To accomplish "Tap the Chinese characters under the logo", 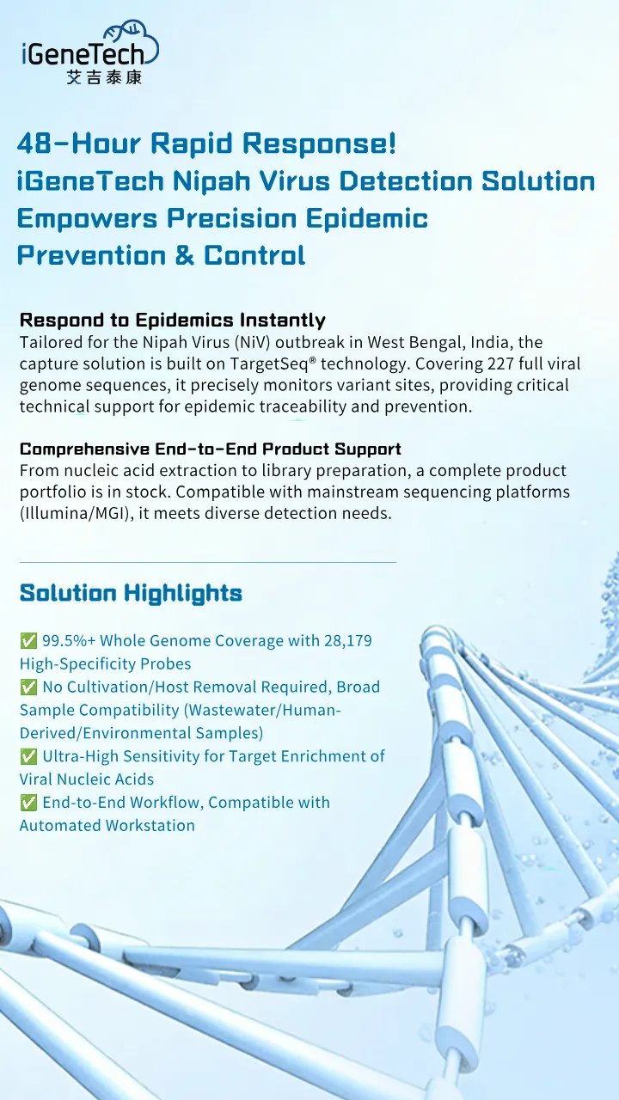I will pos(104,77).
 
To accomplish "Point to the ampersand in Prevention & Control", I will pos(184,255).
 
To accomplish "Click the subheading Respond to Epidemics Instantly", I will pos(172,321).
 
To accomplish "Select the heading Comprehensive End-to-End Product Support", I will pos(210,449).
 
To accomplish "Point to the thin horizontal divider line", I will pos(207,562).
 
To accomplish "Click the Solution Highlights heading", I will pos(131,593).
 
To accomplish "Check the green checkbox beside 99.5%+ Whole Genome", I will pos(28,641).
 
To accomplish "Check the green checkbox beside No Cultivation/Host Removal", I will pos(28,687).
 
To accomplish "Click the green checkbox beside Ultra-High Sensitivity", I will pos(28,757).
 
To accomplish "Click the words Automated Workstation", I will pos(107,826).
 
